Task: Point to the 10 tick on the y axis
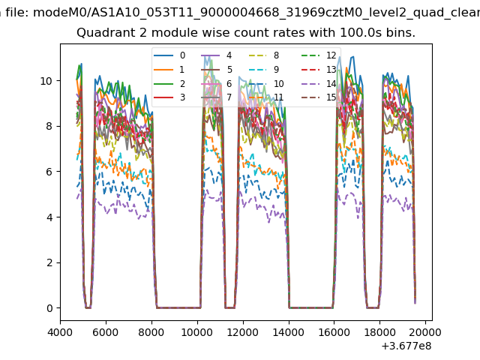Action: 46,80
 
